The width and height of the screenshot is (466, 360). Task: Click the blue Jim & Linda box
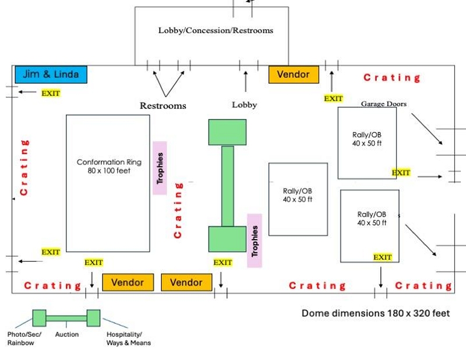tap(50, 75)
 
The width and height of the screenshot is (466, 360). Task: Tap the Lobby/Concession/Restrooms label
tap(216, 30)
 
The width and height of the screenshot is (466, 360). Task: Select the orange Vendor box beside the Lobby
tap(294, 75)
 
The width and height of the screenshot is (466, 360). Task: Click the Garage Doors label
tap(383, 104)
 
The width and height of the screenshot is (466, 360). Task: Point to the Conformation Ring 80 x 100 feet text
tap(109, 167)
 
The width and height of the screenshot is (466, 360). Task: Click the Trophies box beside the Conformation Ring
tap(160, 168)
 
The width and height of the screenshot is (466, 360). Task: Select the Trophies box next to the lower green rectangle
tap(255, 241)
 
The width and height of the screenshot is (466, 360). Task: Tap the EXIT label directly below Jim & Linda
tap(51, 93)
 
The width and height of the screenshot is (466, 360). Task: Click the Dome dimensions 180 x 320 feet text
tap(376, 313)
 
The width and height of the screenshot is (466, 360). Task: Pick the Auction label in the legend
tap(67, 335)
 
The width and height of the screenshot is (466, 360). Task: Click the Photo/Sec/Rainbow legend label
tap(24, 338)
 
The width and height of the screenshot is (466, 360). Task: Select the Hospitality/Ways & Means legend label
tap(128, 338)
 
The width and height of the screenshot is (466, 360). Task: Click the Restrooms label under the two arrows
tap(163, 106)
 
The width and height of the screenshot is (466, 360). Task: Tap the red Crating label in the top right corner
tap(391, 77)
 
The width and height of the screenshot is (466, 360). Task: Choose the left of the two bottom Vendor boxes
tap(128, 283)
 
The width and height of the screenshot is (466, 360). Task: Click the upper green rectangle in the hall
tap(227, 132)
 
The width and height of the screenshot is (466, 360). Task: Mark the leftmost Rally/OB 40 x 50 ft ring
tap(298, 199)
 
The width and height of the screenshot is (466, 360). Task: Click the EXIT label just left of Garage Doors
tap(333, 98)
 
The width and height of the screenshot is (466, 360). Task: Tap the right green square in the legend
tap(93, 318)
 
